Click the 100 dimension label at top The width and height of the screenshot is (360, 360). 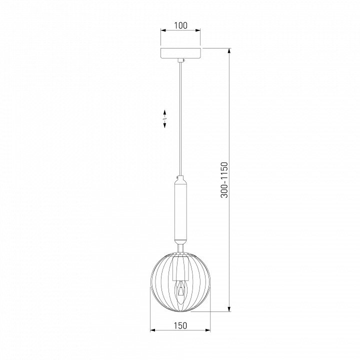click(180, 25)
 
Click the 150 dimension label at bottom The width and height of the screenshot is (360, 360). click(180, 325)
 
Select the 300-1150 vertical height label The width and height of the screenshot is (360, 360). click(224, 180)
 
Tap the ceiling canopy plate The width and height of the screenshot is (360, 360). click(180, 53)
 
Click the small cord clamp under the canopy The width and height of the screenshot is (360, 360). click(181, 60)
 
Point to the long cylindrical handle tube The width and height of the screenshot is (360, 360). click(180, 211)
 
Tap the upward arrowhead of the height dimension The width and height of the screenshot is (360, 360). click(229, 50)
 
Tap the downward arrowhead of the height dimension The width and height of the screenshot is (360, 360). click(229, 309)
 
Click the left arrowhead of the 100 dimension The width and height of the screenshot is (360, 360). click(163, 30)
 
